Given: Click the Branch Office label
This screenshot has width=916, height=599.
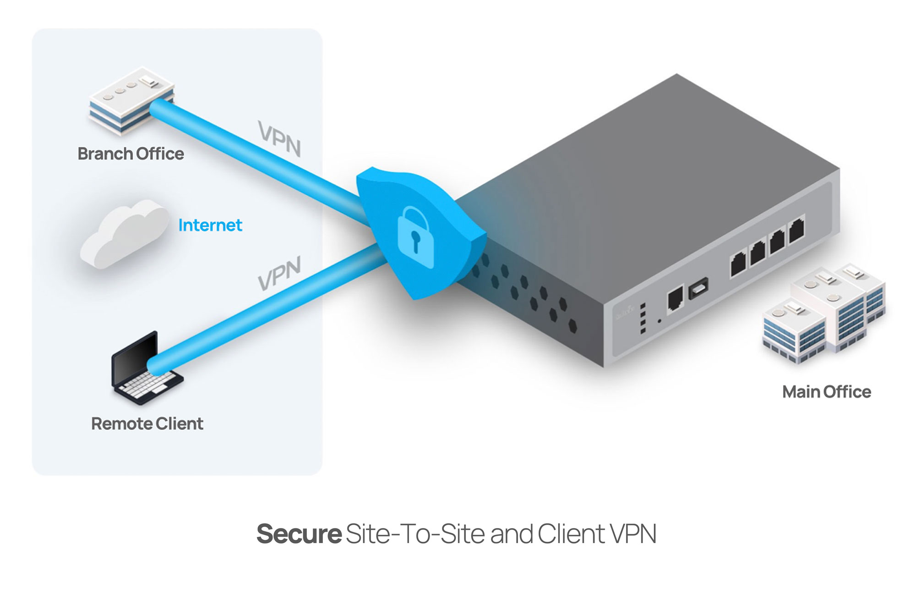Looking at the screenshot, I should point(131,154).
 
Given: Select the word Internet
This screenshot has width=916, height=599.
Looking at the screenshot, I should point(210,225).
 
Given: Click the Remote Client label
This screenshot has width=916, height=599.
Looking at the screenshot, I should point(147,423).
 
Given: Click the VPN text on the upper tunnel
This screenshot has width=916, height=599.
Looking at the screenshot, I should point(279,138).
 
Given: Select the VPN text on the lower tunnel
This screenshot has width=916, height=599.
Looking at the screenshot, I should point(279,274).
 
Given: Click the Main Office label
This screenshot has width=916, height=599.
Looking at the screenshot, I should point(826,392).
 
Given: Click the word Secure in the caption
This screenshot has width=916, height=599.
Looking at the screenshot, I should point(299,534).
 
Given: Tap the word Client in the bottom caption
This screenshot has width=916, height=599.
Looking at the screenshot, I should point(571,534).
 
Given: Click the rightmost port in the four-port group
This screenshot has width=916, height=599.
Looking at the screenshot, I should point(796,230).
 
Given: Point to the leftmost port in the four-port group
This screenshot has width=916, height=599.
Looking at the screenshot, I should point(738,264).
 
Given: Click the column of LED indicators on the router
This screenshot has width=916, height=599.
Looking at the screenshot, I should point(643,318).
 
